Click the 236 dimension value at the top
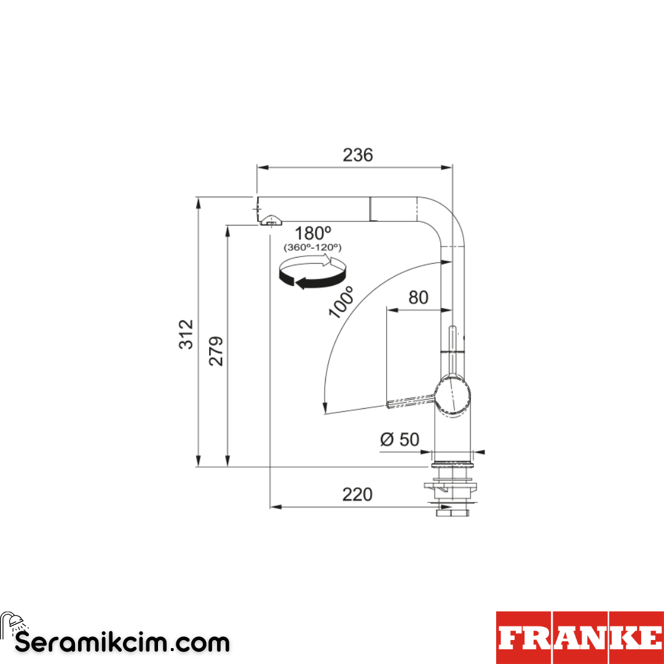[357, 155]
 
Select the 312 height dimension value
[186, 334]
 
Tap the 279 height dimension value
[216, 351]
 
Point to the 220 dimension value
[357, 494]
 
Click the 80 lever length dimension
[418, 298]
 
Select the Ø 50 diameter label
[399, 440]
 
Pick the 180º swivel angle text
[312, 234]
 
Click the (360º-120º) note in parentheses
[312, 247]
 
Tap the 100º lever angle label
[341, 302]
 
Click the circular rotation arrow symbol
[310, 272]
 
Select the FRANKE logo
[580, 638]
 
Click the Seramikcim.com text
[122, 643]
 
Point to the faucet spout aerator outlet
[270, 221]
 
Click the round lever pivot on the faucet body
[454, 397]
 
